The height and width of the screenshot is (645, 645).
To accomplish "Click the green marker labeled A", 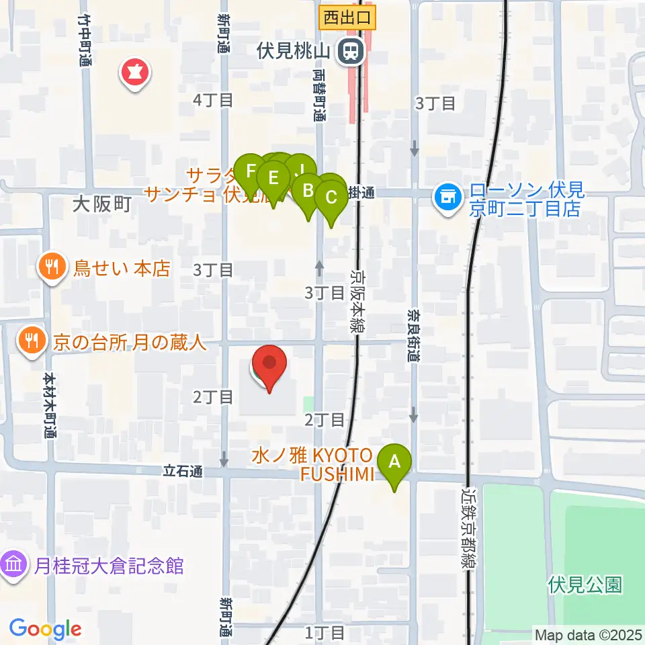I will tap(395, 462).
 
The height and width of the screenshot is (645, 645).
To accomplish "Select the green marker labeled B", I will tap(308, 191).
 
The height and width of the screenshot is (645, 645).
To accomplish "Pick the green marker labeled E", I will tap(273, 178).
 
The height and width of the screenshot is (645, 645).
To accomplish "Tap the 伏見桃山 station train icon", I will tap(349, 50).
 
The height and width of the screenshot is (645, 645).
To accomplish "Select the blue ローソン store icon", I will tap(446, 197).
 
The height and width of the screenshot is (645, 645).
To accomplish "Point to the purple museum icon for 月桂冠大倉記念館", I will tap(14, 565).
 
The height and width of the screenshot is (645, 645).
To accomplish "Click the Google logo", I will tap(45, 630).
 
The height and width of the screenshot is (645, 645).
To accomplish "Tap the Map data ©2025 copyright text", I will tap(588, 634).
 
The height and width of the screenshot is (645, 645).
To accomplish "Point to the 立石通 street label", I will tap(183, 472).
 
